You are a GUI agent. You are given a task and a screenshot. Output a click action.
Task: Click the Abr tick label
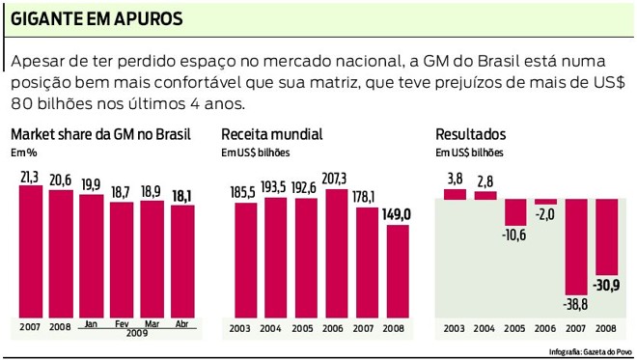click(x=182, y=325)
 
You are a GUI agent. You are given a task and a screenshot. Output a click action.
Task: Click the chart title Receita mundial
click(x=271, y=134)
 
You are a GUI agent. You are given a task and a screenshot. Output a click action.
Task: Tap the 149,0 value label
click(x=398, y=214)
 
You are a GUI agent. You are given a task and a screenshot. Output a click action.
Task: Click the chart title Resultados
click(x=470, y=134)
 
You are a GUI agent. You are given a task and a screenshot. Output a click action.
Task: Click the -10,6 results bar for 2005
click(x=515, y=211)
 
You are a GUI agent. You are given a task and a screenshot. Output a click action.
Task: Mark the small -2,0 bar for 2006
click(x=546, y=202)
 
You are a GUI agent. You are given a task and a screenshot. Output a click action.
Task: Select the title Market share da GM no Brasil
click(x=99, y=134)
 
